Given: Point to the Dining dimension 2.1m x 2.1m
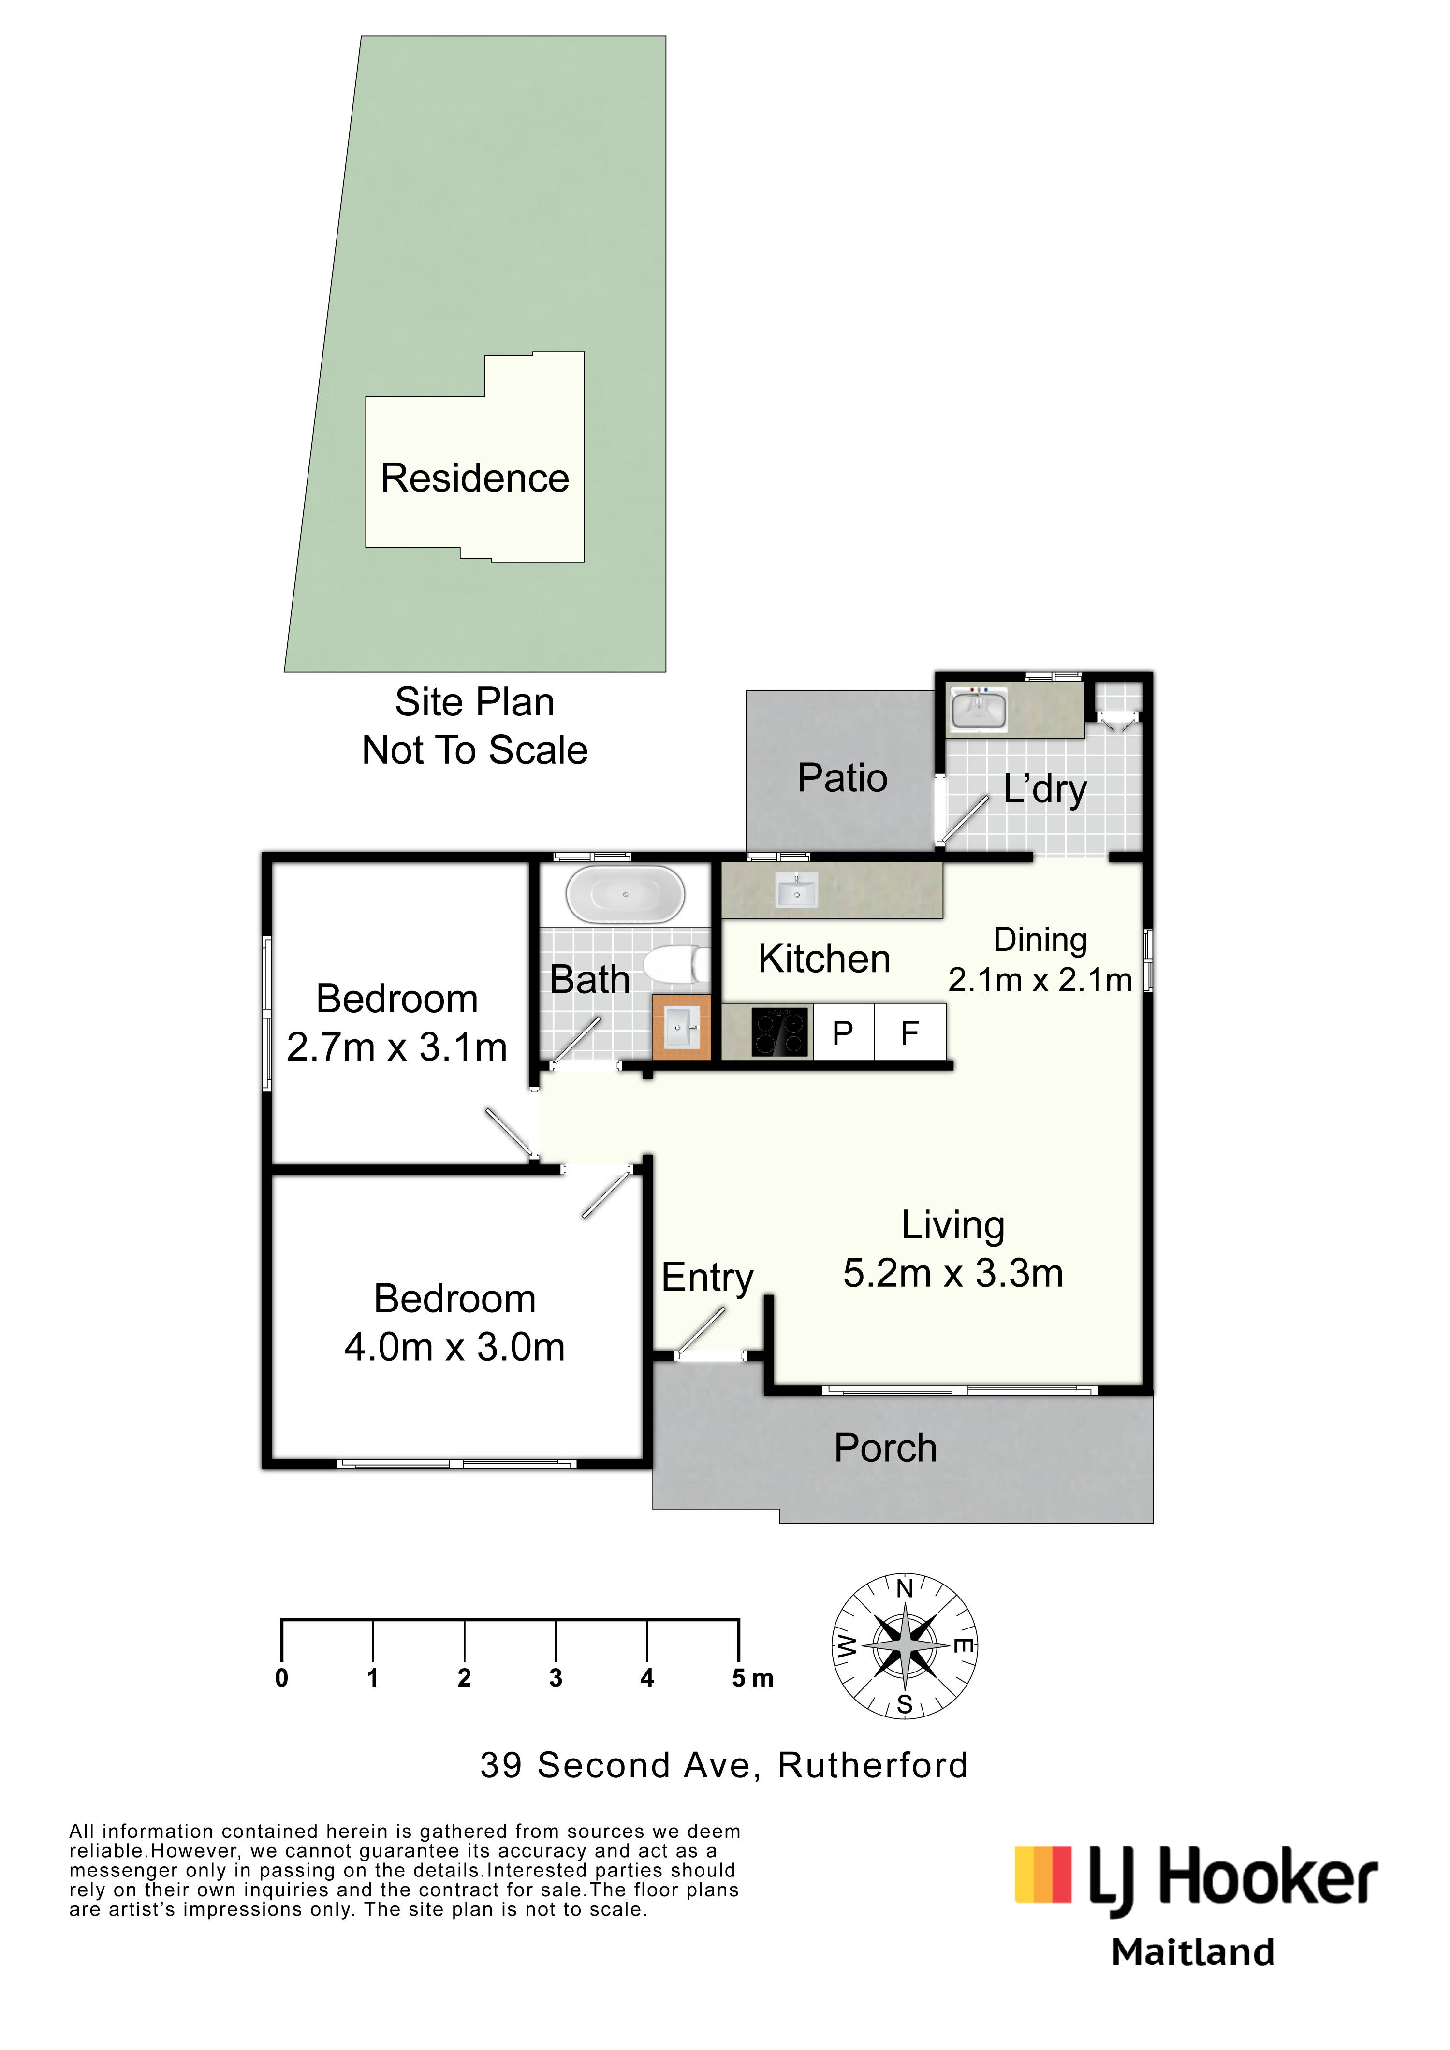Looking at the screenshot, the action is (1040, 980).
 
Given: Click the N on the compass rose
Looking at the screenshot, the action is (905, 1588).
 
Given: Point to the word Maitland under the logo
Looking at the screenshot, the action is (1193, 1953).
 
